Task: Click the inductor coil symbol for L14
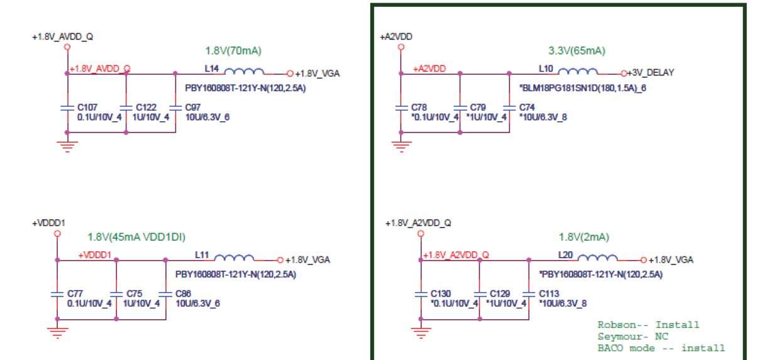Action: click(x=244, y=72)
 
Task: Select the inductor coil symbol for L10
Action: click(x=578, y=72)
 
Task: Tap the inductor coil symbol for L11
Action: click(x=234, y=258)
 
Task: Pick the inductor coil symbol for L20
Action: click(x=598, y=258)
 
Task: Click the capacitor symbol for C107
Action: click(x=67, y=108)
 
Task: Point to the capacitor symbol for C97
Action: click(x=175, y=108)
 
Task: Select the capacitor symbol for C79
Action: click(x=460, y=108)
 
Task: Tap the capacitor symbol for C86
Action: click(x=166, y=295)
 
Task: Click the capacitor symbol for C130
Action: click(x=421, y=295)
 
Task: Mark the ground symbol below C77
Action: click(x=58, y=333)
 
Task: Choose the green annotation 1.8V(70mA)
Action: click(x=233, y=51)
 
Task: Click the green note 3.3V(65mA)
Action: click(x=576, y=51)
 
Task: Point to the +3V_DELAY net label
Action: click(x=651, y=73)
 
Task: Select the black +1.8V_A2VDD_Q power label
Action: click(x=418, y=223)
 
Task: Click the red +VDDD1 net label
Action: click(x=95, y=255)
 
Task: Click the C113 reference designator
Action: click(x=549, y=293)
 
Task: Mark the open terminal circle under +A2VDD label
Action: click(x=401, y=47)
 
